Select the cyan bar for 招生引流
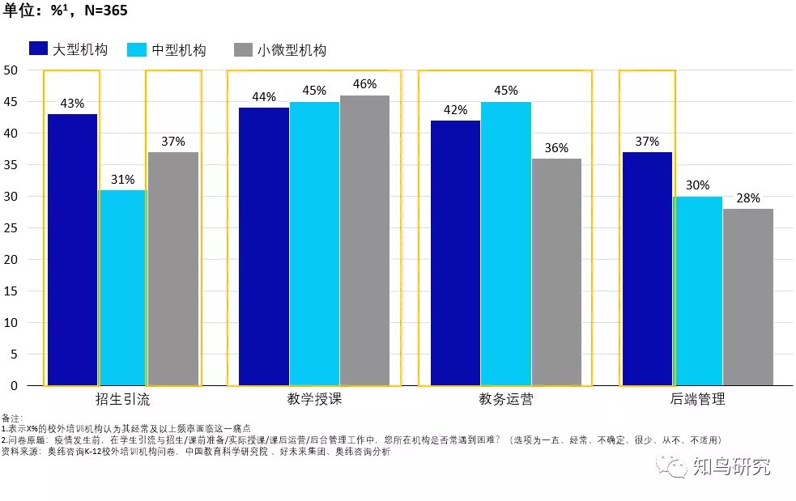point(122,287)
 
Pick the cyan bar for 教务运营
point(506,243)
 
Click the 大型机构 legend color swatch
point(38,49)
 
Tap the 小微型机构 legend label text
point(292,49)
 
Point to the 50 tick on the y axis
point(11,70)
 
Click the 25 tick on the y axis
point(11,227)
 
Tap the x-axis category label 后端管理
point(697,399)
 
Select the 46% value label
point(364,84)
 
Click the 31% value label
point(122,179)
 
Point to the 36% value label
point(556,148)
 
